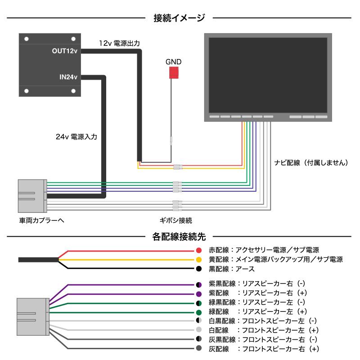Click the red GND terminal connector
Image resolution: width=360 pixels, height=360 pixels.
pyautogui.click(x=174, y=73)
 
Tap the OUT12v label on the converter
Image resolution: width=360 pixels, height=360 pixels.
pyautogui.click(x=65, y=51)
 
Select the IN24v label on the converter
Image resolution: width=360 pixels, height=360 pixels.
pyautogui.click(x=69, y=76)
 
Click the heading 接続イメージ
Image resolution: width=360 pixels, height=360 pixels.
pyautogui.click(x=179, y=18)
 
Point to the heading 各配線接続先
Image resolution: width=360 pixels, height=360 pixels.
pyautogui.click(x=179, y=235)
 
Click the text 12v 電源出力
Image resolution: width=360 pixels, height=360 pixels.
pyautogui.click(x=119, y=43)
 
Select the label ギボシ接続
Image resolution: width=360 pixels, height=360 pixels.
pyautogui.click(x=176, y=220)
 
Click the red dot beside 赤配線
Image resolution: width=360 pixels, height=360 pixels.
pyautogui.click(x=198, y=250)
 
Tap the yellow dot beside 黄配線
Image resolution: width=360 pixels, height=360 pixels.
pyautogui.click(x=198, y=260)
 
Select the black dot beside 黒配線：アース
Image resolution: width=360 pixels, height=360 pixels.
pyautogui.click(x=198, y=269)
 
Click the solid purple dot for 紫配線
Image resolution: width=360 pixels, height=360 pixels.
pyautogui.click(x=198, y=293)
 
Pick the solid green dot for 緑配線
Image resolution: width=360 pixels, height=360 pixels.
pyautogui.click(x=198, y=312)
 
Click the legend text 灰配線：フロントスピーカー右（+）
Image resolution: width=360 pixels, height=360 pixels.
pyautogui.click(x=264, y=349)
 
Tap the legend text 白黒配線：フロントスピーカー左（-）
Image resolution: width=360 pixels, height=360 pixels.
pyautogui.click(x=263, y=321)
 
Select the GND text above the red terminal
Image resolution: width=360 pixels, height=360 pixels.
pyautogui.click(x=173, y=62)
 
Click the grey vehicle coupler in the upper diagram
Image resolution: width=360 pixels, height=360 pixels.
pyautogui.click(x=31, y=195)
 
